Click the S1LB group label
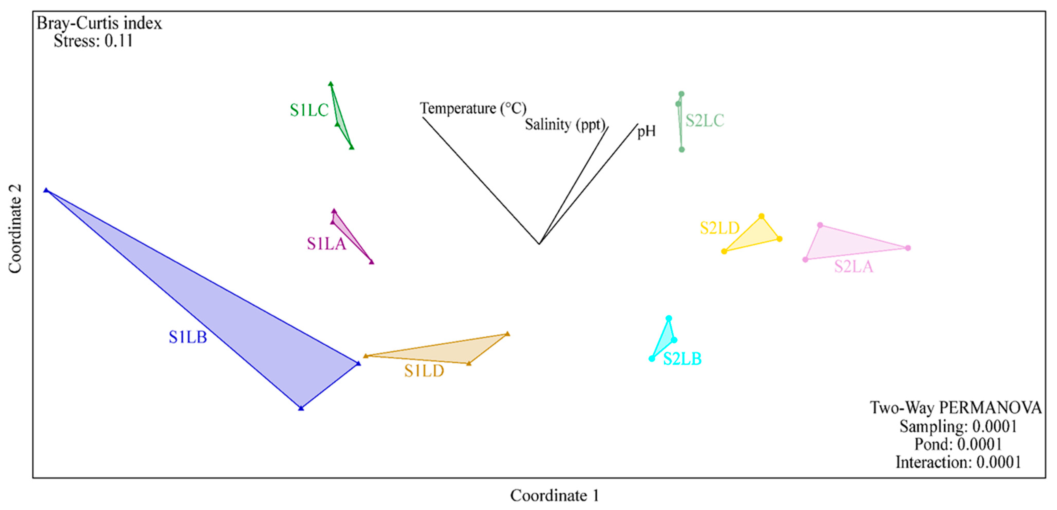[188, 337]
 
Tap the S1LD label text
[424, 371]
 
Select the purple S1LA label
[327, 244]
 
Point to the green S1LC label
[309, 110]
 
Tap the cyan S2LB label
[682, 359]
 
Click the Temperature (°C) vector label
[473, 109]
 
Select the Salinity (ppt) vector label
[565, 124]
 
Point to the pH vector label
[646, 131]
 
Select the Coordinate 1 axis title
[554, 496]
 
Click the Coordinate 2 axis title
[15, 229]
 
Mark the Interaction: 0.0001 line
[958, 462]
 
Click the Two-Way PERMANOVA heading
[956, 408]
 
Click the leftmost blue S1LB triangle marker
[46, 190]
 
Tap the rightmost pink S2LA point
[908, 248]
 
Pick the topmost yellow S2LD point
[761, 216]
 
